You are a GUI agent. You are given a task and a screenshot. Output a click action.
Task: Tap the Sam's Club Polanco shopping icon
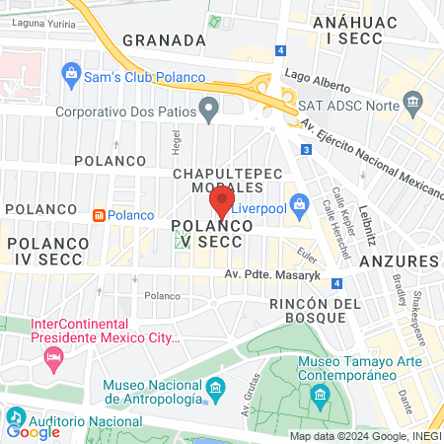pyautogui.click(x=71, y=73)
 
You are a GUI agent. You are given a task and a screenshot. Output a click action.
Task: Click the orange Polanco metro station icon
pyautogui.click(x=99, y=215)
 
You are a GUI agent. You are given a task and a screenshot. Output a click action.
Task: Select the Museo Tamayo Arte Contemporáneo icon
pyautogui.click(x=321, y=395)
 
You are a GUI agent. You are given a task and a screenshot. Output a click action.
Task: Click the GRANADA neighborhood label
pyautogui.click(x=164, y=40)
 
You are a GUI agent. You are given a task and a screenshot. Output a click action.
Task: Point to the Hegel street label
pyautogui.click(x=178, y=146)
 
